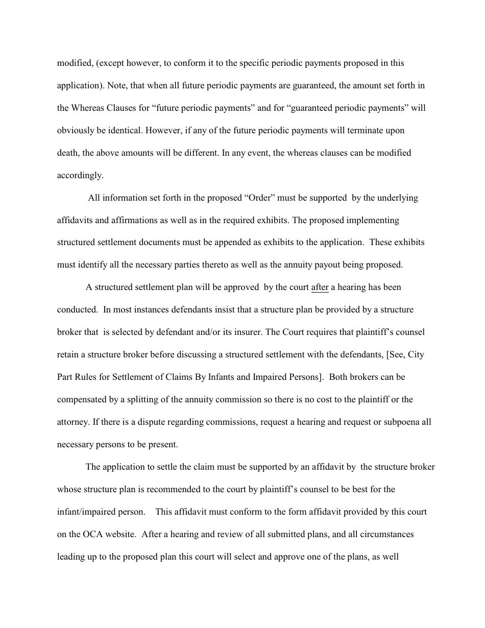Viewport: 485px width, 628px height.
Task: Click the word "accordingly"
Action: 79,176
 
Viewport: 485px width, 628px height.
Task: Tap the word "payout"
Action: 334,265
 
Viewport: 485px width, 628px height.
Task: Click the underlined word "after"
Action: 320,287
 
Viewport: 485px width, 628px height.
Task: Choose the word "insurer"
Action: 247,332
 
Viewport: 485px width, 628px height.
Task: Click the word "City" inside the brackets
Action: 416,355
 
